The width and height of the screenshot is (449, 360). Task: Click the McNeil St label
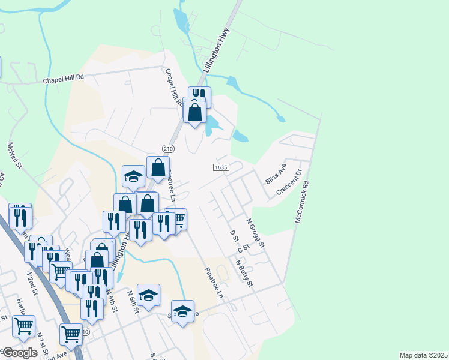coord(15,155)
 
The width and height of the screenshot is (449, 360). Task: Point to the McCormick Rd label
coord(302,203)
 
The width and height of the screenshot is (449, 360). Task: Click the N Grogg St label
coord(256,235)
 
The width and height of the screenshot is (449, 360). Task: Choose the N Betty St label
coord(244,274)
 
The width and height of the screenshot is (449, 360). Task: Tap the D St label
coord(234,236)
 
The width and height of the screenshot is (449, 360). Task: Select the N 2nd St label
coord(32,282)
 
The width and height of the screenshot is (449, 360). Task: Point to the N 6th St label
coord(133,302)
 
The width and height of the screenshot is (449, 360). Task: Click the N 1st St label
coord(42,343)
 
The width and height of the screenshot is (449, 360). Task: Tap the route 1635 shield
coord(221,167)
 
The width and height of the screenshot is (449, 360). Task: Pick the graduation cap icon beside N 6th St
coord(148,295)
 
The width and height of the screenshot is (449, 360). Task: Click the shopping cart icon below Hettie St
coord(23,326)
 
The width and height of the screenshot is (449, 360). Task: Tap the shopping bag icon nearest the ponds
coord(195,112)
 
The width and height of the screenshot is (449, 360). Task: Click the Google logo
coord(19,353)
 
